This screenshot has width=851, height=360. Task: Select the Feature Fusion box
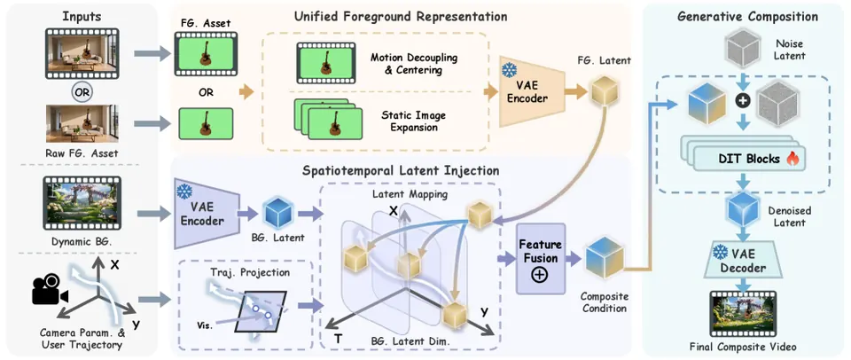tap(540, 258)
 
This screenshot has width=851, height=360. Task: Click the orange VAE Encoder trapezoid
tap(522, 91)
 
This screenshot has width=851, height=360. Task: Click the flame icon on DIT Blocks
tap(792, 160)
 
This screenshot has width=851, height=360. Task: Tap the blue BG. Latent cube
tap(277, 213)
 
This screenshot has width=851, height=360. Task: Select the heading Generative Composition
tap(748, 16)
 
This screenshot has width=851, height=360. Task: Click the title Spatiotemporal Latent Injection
tap(401, 170)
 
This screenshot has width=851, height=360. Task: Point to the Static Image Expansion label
tap(410, 122)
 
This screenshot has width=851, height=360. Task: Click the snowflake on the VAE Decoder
tap(720, 252)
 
